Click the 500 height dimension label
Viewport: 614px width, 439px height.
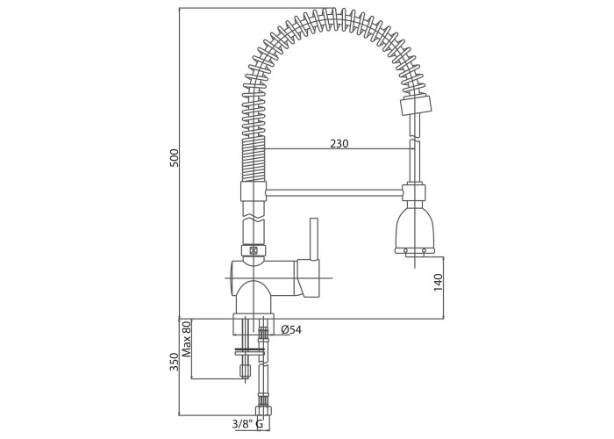(175, 158)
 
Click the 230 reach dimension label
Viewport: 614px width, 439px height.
(339, 144)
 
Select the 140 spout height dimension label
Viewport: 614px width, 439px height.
(439, 282)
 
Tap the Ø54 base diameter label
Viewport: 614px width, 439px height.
(292, 329)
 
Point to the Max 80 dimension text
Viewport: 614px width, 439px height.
(186, 339)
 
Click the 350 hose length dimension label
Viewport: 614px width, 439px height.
(175, 362)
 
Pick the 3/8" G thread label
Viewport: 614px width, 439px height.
(247, 424)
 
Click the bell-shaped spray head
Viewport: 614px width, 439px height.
(415, 232)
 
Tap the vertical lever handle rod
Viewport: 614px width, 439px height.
(314, 239)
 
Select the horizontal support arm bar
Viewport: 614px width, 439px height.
(334, 192)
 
